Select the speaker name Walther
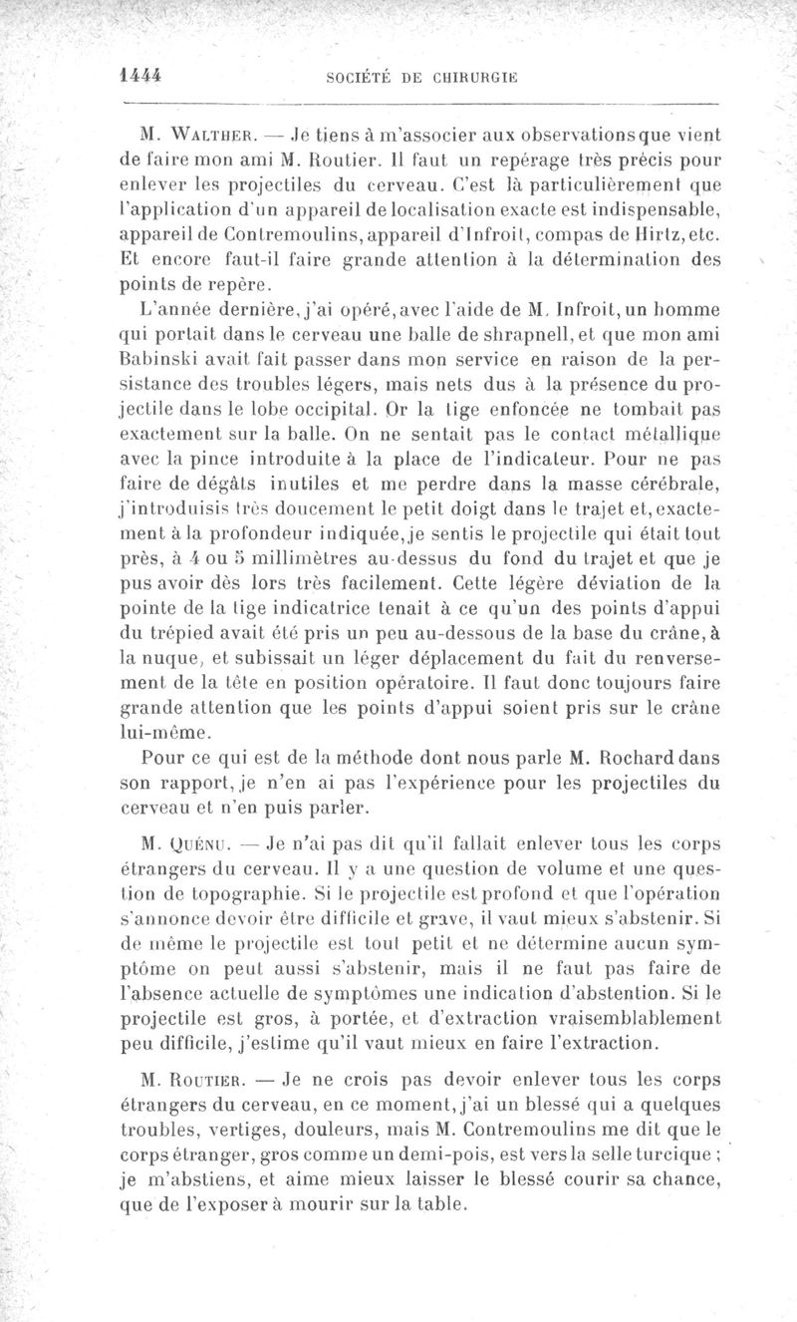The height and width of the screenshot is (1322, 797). (x=206, y=134)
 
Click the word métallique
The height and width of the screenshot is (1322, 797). (x=665, y=435)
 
